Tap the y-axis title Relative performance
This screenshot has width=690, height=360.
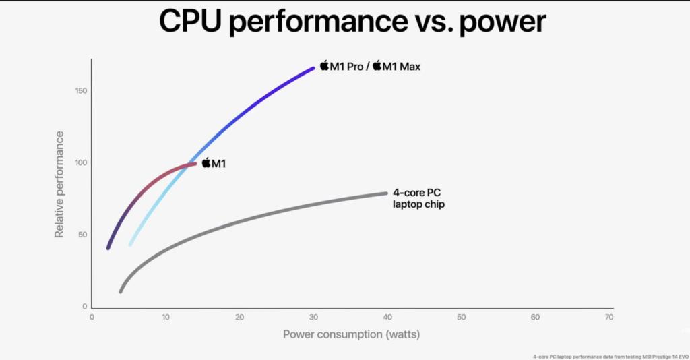[x=59, y=184]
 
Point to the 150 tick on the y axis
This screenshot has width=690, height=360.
[x=80, y=91]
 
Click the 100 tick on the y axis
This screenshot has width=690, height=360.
[x=80, y=162]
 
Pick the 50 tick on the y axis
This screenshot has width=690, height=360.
[x=82, y=235]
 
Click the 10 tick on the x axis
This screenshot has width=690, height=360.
[x=165, y=317]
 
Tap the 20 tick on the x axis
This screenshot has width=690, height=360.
[x=239, y=317]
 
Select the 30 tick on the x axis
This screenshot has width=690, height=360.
[x=313, y=317]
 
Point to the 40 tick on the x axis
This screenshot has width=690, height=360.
[x=387, y=317]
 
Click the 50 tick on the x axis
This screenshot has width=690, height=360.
[x=461, y=317]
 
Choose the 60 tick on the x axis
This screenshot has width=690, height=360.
[x=535, y=317]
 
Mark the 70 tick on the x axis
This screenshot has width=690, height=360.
[x=608, y=317]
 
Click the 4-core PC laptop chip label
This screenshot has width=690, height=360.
[x=418, y=198]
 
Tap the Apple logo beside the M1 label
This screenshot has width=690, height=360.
[x=206, y=162]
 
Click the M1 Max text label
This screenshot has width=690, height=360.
[x=402, y=66]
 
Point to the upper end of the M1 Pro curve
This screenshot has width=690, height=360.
[x=313, y=67]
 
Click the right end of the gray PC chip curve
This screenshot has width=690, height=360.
[x=386, y=193]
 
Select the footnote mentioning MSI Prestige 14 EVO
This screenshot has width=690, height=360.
[x=609, y=355]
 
